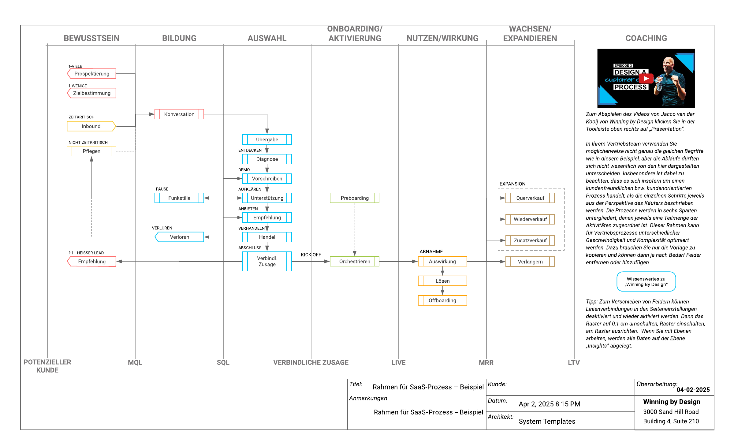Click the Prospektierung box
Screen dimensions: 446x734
(x=91, y=74)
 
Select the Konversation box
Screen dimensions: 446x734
(x=179, y=114)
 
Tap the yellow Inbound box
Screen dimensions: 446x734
(x=91, y=126)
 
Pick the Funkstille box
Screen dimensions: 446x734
(x=179, y=198)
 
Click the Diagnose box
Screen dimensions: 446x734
(x=267, y=159)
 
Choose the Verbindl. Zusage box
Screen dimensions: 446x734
(x=267, y=262)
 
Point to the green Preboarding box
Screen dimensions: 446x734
(x=355, y=198)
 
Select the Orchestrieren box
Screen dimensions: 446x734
(x=355, y=262)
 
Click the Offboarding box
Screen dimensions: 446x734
(x=442, y=300)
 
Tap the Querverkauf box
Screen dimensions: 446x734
(x=530, y=198)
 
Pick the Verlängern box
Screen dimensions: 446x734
(x=530, y=262)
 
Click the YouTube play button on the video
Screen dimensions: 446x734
(x=646, y=79)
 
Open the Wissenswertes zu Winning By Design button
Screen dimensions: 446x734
(x=646, y=282)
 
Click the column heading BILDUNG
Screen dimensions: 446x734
(x=179, y=38)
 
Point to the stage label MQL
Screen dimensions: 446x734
(x=135, y=362)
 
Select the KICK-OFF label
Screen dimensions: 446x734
(x=311, y=255)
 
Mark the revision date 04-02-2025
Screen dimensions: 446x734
(x=693, y=390)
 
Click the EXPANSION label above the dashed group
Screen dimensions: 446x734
(x=512, y=184)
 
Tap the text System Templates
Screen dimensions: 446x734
(x=547, y=421)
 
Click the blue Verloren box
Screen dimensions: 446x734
(x=179, y=237)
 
